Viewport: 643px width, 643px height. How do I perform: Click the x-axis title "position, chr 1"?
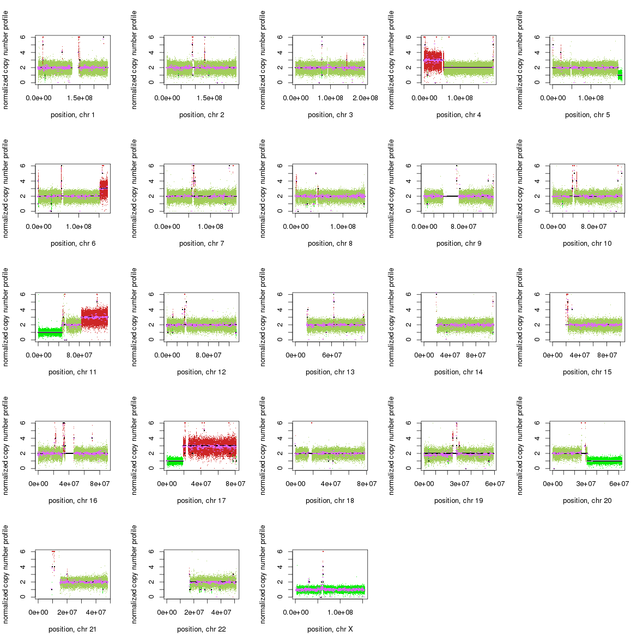(72, 115)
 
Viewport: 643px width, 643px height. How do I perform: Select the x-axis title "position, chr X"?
(330, 629)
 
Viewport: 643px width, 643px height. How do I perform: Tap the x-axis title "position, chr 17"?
(201, 501)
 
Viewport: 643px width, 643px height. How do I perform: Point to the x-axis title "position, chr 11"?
(72, 372)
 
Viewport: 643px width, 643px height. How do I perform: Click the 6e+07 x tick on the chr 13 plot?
(332, 355)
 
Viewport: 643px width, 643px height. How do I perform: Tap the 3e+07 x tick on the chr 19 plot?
(459, 484)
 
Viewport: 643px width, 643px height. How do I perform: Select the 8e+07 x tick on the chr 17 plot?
(235, 484)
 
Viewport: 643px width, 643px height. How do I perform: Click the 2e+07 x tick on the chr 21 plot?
(67, 612)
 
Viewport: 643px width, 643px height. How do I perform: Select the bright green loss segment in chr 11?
(50, 332)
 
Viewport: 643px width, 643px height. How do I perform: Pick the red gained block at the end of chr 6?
(104, 189)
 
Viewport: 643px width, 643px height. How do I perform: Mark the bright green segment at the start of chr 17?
(174, 461)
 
